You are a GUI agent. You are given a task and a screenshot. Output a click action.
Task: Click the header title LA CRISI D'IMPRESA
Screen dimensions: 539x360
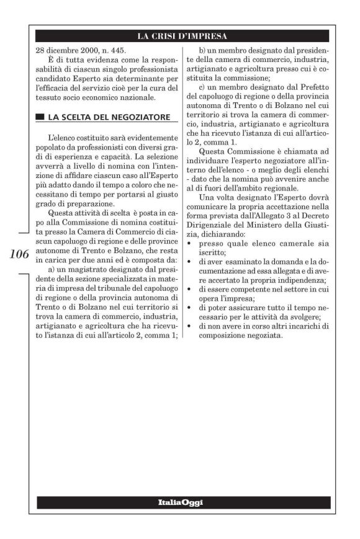pos(182,35)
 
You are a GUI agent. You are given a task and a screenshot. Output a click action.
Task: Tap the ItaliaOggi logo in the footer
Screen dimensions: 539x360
pos(182,502)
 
